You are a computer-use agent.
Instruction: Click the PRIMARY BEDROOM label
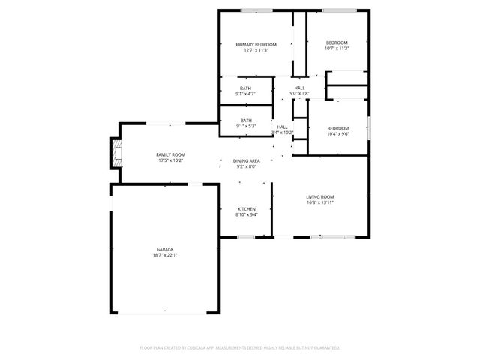pyautogui.click(x=256, y=45)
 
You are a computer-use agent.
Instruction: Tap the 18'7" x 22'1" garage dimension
pyautogui.click(x=165, y=255)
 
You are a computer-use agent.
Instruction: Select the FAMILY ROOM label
pyautogui.click(x=170, y=154)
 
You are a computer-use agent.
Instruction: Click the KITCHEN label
pyautogui.click(x=247, y=208)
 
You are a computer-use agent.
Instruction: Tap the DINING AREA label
pyautogui.click(x=247, y=161)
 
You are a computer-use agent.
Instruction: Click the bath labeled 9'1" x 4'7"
pyautogui.click(x=245, y=94)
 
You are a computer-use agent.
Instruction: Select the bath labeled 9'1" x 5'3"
pyautogui.click(x=245, y=126)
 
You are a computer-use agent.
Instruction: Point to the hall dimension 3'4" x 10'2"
pyautogui.click(x=283, y=133)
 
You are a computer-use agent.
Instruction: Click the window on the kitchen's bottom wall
pyautogui.click(x=247, y=237)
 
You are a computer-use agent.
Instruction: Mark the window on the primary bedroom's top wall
pyautogui.click(x=256, y=10)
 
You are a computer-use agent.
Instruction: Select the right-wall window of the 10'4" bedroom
pyautogui.click(x=369, y=127)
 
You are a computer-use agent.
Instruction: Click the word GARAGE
pyautogui.click(x=165, y=249)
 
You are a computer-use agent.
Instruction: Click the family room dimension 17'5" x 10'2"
pyautogui.click(x=170, y=160)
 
